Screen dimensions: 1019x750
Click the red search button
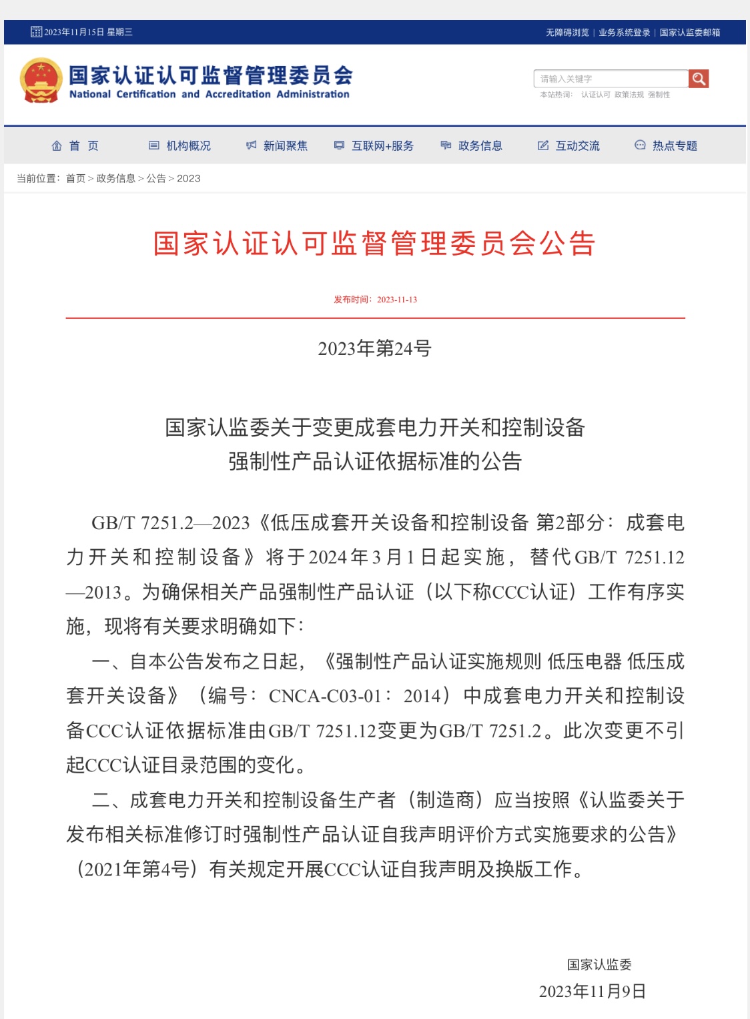(x=699, y=79)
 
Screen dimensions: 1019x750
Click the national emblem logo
(x=41, y=80)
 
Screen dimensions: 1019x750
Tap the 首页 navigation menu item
(x=75, y=145)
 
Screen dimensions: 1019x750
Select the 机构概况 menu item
(x=180, y=145)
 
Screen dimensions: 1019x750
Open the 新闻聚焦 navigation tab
(x=277, y=145)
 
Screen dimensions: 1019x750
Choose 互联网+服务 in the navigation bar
(x=374, y=145)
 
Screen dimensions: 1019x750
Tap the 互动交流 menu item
(x=569, y=145)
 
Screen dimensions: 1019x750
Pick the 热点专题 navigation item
(x=666, y=145)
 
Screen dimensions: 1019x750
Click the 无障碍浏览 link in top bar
(x=567, y=32)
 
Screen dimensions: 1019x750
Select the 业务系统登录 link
(x=624, y=32)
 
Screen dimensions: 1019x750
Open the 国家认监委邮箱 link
(x=690, y=32)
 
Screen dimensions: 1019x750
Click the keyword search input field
(x=611, y=79)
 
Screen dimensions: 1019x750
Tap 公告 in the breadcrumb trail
(x=156, y=178)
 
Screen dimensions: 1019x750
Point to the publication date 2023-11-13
(x=397, y=300)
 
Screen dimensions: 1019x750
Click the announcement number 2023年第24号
(x=374, y=348)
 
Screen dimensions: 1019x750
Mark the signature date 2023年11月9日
(x=593, y=992)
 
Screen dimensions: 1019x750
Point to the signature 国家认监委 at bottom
(x=599, y=964)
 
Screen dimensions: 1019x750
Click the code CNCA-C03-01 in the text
(x=326, y=696)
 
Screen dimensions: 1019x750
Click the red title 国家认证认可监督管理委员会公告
(x=374, y=244)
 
